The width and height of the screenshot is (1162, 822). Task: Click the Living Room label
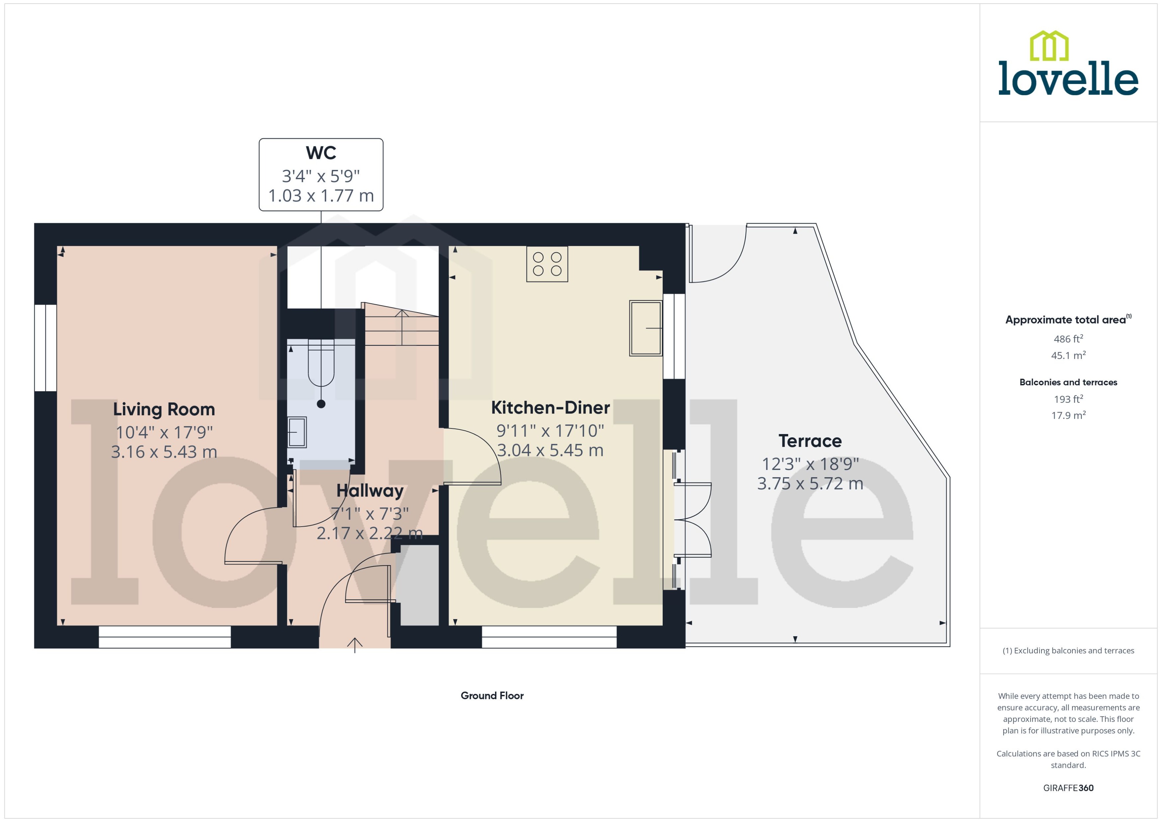(x=164, y=409)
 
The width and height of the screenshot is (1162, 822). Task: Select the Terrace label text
(x=810, y=441)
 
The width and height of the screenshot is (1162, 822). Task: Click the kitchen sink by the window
(x=645, y=328)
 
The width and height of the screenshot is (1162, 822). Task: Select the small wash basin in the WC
(x=297, y=432)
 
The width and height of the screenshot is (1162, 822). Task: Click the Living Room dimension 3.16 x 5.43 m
(x=164, y=452)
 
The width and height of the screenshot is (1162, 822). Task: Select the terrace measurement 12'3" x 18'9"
(x=810, y=464)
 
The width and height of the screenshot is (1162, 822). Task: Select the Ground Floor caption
(x=492, y=696)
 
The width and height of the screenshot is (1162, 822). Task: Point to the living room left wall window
(x=45, y=348)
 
